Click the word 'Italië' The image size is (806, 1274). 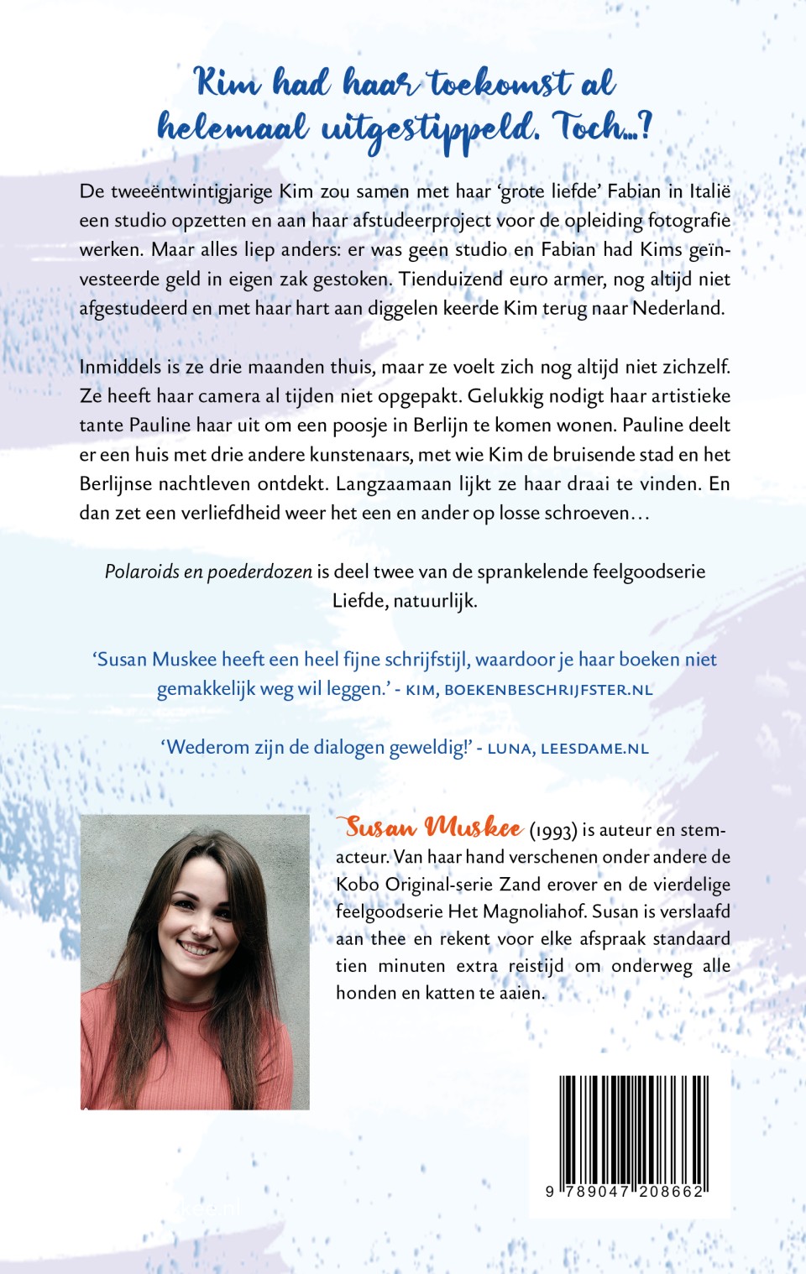click(x=709, y=191)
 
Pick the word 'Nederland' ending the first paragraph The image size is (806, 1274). click(x=678, y=308)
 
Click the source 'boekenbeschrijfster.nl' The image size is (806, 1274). click(x=548, y=690)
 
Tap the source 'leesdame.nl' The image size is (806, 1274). click(x=594, y=748)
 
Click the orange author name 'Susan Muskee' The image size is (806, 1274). click(x=433, y=828)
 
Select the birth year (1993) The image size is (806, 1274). click(x=553, y=831)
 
